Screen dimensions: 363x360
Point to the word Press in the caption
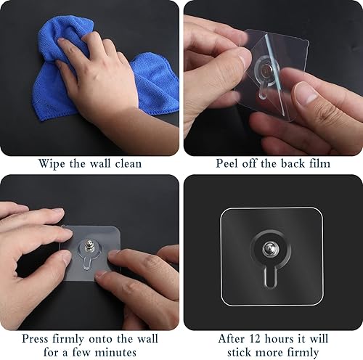[x=36, y=338]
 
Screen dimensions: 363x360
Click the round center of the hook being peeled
[x=266, y=70]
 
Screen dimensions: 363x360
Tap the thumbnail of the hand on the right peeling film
[x=305, y=92]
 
